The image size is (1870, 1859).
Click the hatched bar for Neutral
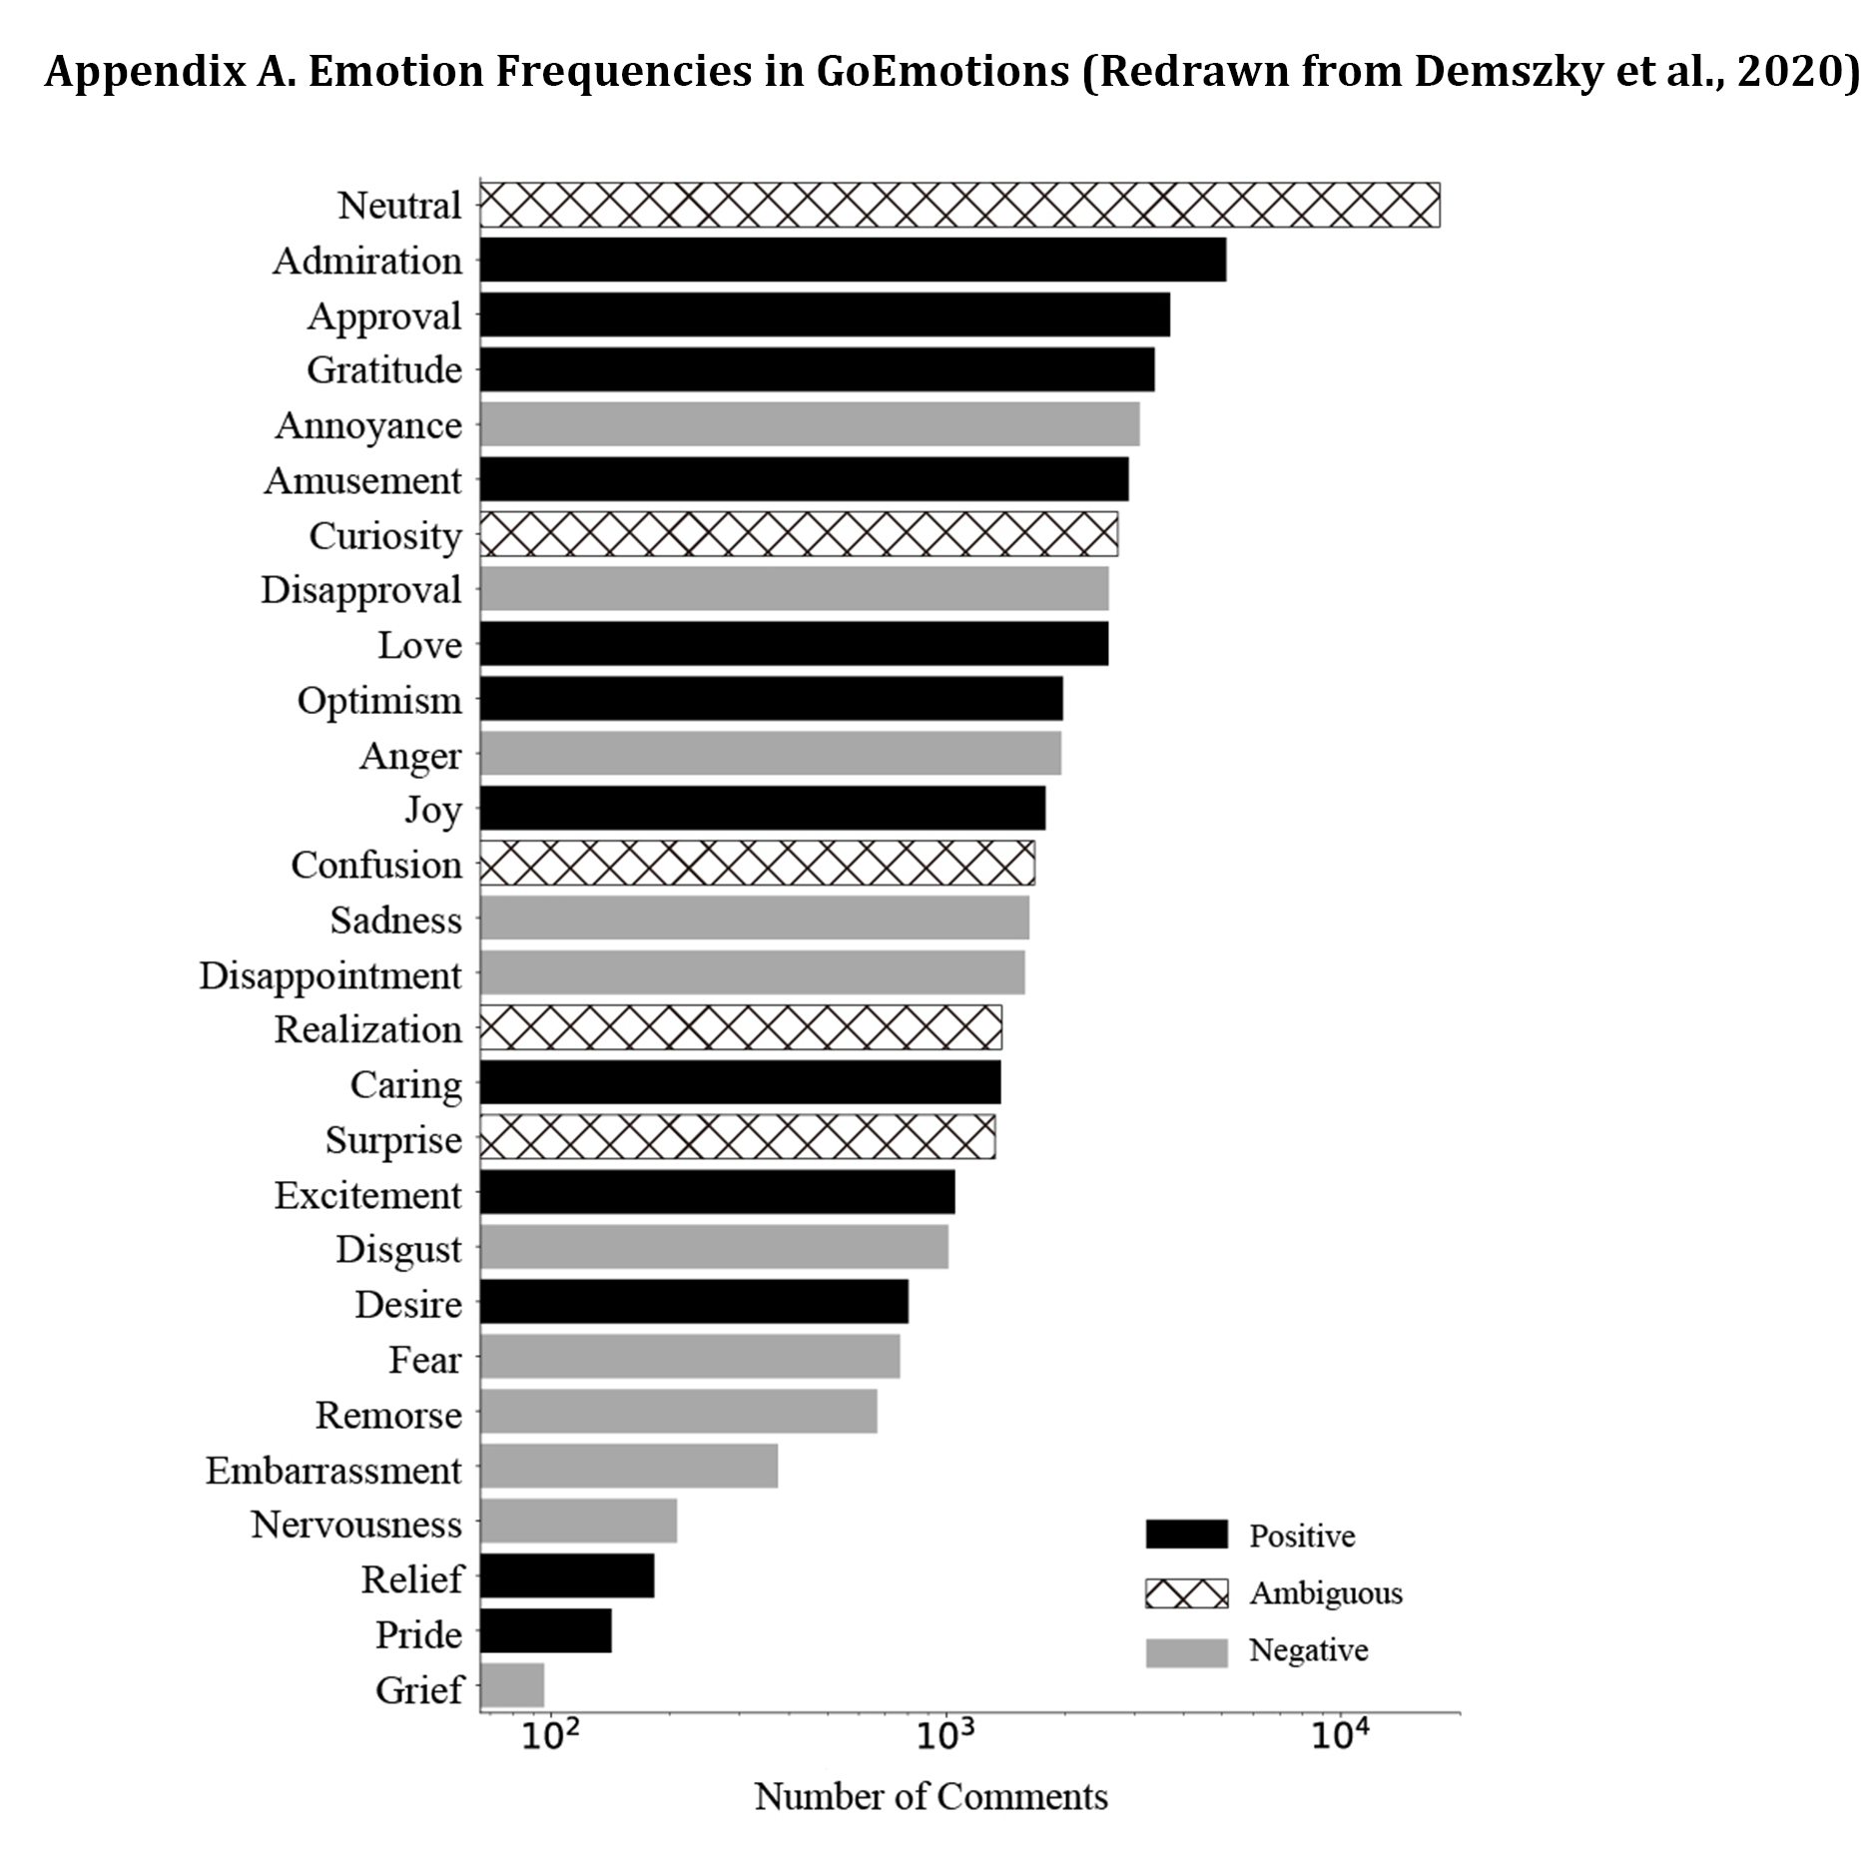pos(958,205)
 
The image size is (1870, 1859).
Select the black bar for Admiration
pos(853,260)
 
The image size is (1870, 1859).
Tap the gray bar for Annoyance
pos(809,424)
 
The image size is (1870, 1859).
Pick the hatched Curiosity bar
pos(799,534)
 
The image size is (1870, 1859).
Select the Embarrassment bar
pos(629,1466)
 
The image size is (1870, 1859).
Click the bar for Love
pos(794,644)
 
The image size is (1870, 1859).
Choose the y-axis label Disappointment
pos(330,975)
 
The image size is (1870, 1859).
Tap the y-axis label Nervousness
pos(356,1525)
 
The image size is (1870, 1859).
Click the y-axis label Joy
pos(433,810)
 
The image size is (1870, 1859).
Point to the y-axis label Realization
pos(368,1029)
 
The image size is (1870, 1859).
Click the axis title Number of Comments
pos(931,1797)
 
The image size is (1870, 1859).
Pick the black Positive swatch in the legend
pos(1186,1535)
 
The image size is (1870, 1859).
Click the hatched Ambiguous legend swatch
pos(1186,1592)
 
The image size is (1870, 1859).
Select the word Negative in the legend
pos(1308,1650)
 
